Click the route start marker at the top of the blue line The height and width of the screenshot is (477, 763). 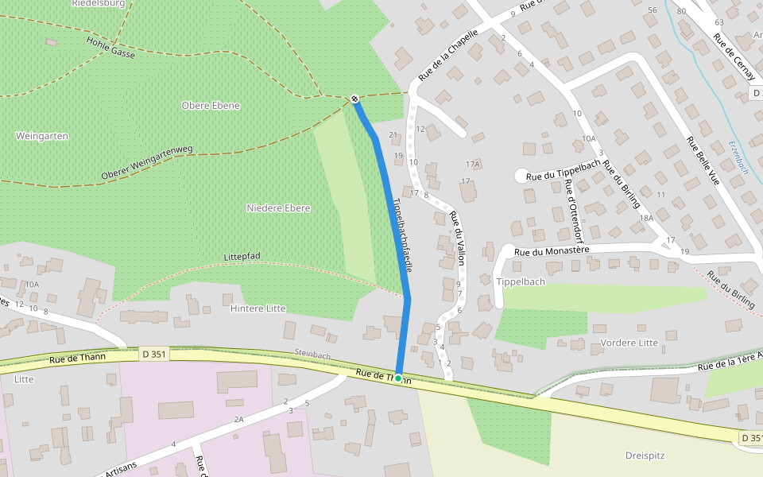354,99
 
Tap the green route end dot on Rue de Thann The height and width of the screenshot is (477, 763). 398,378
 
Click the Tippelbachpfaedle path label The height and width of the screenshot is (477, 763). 401,235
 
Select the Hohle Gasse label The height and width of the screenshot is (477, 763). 111,48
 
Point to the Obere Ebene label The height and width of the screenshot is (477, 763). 211,106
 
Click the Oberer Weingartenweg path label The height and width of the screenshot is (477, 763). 148,163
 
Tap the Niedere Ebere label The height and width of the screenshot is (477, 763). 278,208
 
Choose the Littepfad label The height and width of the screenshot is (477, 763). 242,256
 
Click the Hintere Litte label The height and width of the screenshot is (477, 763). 258,308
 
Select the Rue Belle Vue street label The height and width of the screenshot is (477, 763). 703,162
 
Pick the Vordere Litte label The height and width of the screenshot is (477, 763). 629,343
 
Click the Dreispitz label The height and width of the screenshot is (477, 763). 645,456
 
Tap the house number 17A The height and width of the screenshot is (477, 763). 474,165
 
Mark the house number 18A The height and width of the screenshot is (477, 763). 645,217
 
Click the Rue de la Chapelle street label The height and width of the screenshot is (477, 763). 448,56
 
